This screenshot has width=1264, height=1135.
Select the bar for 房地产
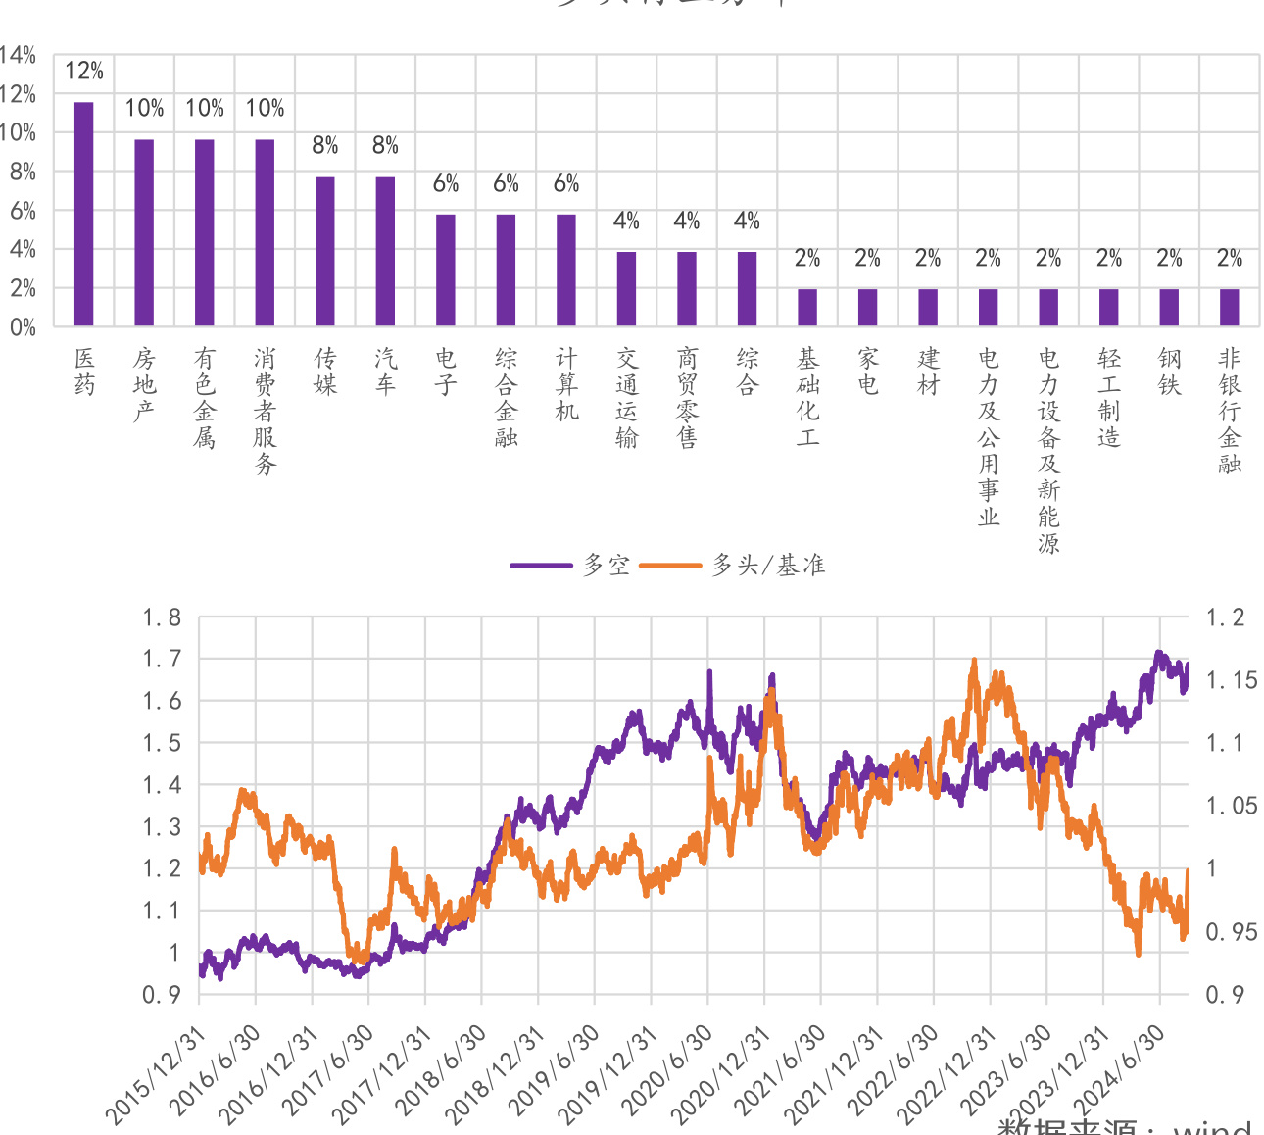click(144, 232)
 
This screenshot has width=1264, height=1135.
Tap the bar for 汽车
click(385, 251)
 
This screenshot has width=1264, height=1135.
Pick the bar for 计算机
click(566, 270)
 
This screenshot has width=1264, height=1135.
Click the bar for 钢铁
click(1169, 307)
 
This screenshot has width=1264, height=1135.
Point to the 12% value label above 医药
click(84, 71)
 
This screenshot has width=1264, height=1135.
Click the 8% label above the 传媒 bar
click(325, 146)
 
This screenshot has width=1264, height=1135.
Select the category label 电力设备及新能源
click(1048, 450)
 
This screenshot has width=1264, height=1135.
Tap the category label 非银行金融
click(1230, 411)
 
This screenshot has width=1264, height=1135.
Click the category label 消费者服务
click(265, 411)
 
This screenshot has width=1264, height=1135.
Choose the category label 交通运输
click(627, 397)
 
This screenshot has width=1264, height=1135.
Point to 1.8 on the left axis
click(162, 617)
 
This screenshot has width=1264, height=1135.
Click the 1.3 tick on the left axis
click(162, 827)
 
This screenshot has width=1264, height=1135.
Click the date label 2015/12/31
click(157, 1075)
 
